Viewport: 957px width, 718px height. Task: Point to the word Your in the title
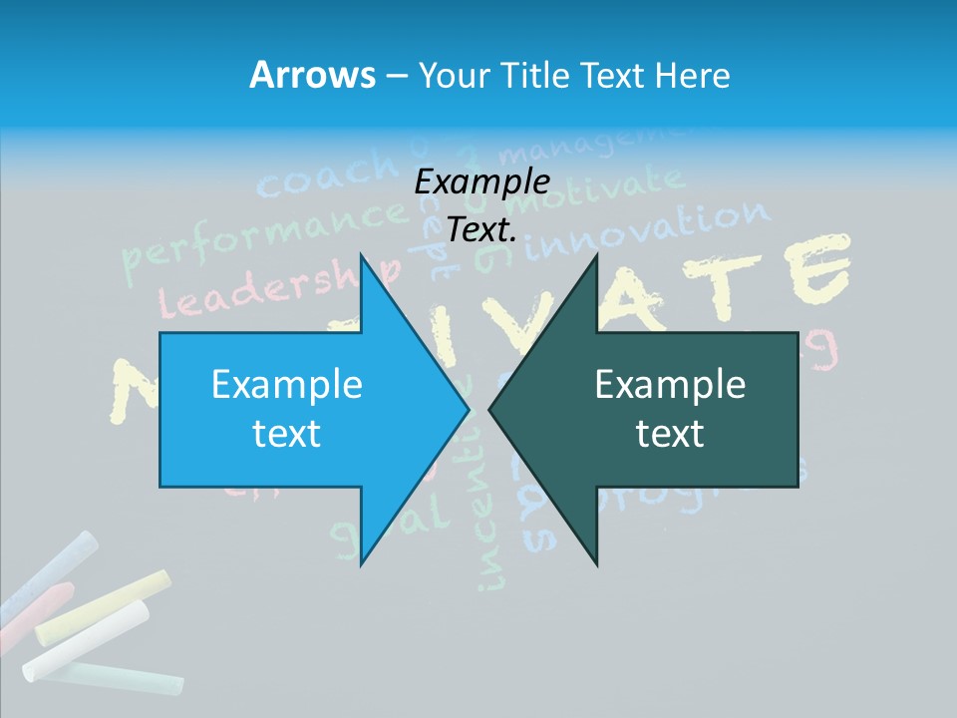click(452, 75)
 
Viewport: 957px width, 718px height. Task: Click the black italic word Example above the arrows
click(481, 182)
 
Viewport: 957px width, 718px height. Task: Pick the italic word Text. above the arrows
click(481, 229)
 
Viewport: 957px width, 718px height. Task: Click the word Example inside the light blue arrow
click(287, 385)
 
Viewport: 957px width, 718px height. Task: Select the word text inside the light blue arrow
click(287, 434)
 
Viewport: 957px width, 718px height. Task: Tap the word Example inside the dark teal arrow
click(670, 385)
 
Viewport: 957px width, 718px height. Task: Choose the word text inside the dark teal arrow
click(670, 434)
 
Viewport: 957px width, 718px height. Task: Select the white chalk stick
click(85, 638)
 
